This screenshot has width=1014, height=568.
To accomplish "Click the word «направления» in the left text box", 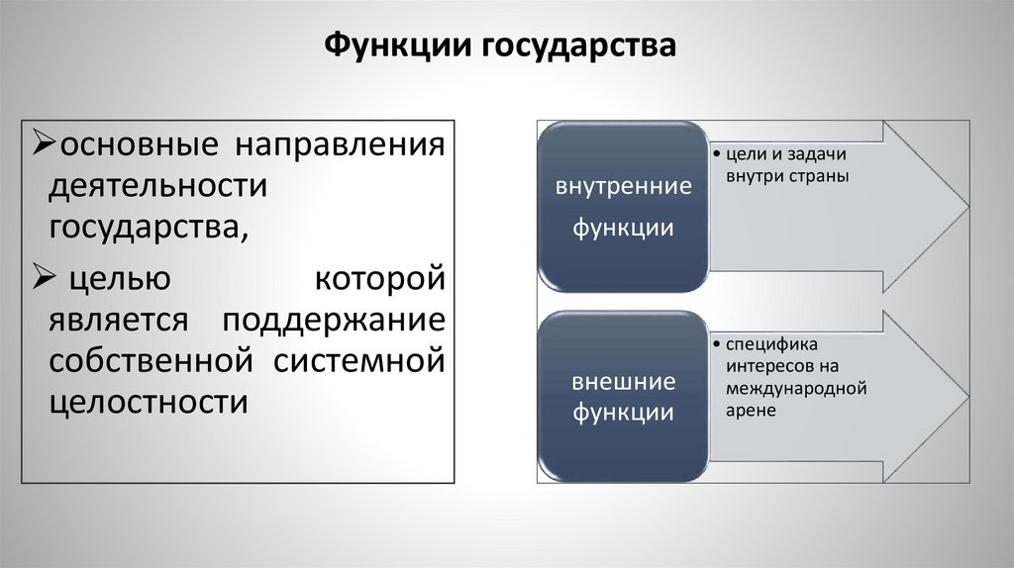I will (339, 145).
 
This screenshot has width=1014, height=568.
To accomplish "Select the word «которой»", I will (379, 278).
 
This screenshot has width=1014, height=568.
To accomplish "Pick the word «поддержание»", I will (333, 321).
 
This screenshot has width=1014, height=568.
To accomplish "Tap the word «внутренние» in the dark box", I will (623, 187).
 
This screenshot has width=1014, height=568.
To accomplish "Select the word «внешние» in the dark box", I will (623, 382).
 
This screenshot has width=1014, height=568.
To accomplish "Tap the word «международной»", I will (795, 388).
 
